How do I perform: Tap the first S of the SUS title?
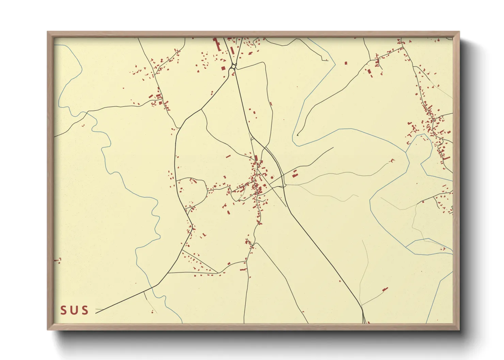tap(64, 310)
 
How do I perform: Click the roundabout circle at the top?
tap(233, 66)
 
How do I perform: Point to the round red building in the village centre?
tap(272, 177)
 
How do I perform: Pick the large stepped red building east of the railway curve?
tap(295, 174)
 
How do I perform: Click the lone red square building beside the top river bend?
tap(346, 63)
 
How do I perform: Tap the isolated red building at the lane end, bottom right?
tap(385, 290)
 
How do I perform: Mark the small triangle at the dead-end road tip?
tap(297, 135)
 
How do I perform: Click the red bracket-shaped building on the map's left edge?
tap(58, 261)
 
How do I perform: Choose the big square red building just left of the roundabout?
tap(223, 68)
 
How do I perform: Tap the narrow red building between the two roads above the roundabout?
tap(232, 50)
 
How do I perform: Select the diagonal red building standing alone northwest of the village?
tap(228, 157)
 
